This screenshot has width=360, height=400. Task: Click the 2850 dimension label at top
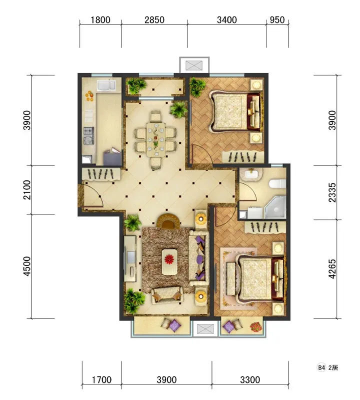pyautogui.click(x=154, y=20)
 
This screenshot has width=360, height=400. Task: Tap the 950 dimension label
pyautogui.click(x=277, y=20)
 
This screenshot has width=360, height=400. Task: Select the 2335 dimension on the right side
pyautogui.click(x=332, y=192)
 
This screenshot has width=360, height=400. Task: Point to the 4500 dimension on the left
pyautogui.click(x=26, y=266)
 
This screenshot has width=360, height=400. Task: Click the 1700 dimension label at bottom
pyautogui.click(x=101, y=380)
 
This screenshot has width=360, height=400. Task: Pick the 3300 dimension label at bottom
pyautogui.click(x=250, y=380)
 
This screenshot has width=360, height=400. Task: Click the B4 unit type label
pyautogui.click(x=321, y=367)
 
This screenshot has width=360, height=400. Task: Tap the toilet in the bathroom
pyautogui.click(x=277, y=183)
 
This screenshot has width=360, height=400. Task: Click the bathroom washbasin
pyautogui.click(x=252, y=174)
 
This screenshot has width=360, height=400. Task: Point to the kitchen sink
pyautogui.click(x=105, y=85)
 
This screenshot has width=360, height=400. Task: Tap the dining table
pyautogui.click(x=155, y=139)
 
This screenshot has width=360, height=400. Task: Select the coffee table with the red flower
pyautogui.click(x=169, y=261)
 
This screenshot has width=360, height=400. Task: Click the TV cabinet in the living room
pyautogui.click(x=130, y=258)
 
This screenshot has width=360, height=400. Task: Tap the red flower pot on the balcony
pyautogui.click(x=256, y=327)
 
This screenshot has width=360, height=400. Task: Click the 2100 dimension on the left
pyautogui.click(x=26, y=190)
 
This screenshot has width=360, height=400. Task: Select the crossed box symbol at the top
pyautogui.click(x=194, y=65)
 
